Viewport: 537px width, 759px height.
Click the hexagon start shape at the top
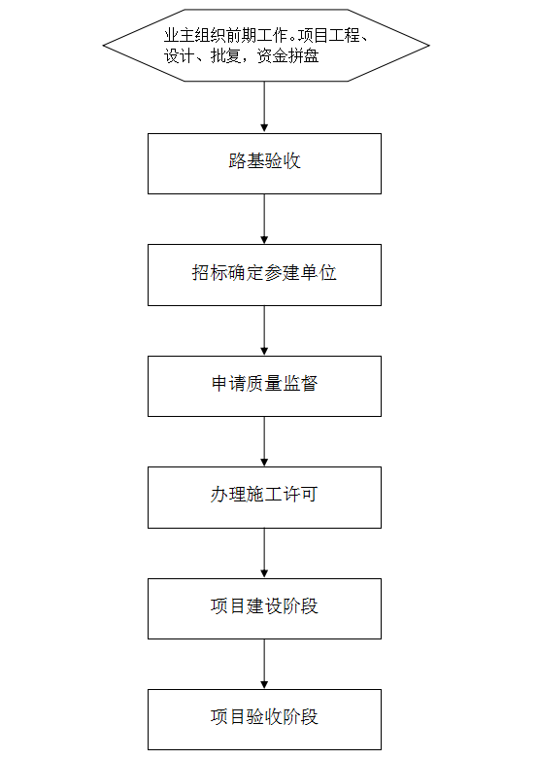click(x=266, y=45)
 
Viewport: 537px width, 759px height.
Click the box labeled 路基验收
click(x=264, y=163)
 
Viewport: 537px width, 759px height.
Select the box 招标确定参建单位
click(x=264, y=275)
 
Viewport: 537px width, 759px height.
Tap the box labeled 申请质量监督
click(x=264, y=386)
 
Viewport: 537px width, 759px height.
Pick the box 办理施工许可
click(x=264, y=498)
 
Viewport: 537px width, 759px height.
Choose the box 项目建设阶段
click(x=264, y=608)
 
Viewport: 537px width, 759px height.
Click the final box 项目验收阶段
click(x=264, y=720)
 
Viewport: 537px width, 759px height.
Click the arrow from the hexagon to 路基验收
click(x=264, y=107)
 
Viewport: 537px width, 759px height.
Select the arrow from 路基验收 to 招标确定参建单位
click(x=264, y=220)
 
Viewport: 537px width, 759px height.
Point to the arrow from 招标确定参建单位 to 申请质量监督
click(x=264, y=330)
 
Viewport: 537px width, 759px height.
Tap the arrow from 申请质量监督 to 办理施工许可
click(x=264, y=441)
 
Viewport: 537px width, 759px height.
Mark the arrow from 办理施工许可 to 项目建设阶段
click(x=264, y=553)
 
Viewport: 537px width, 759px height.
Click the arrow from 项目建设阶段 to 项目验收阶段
click(x=264, y=664)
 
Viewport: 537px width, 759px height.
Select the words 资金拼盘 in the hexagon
click(x=287, y=56)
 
